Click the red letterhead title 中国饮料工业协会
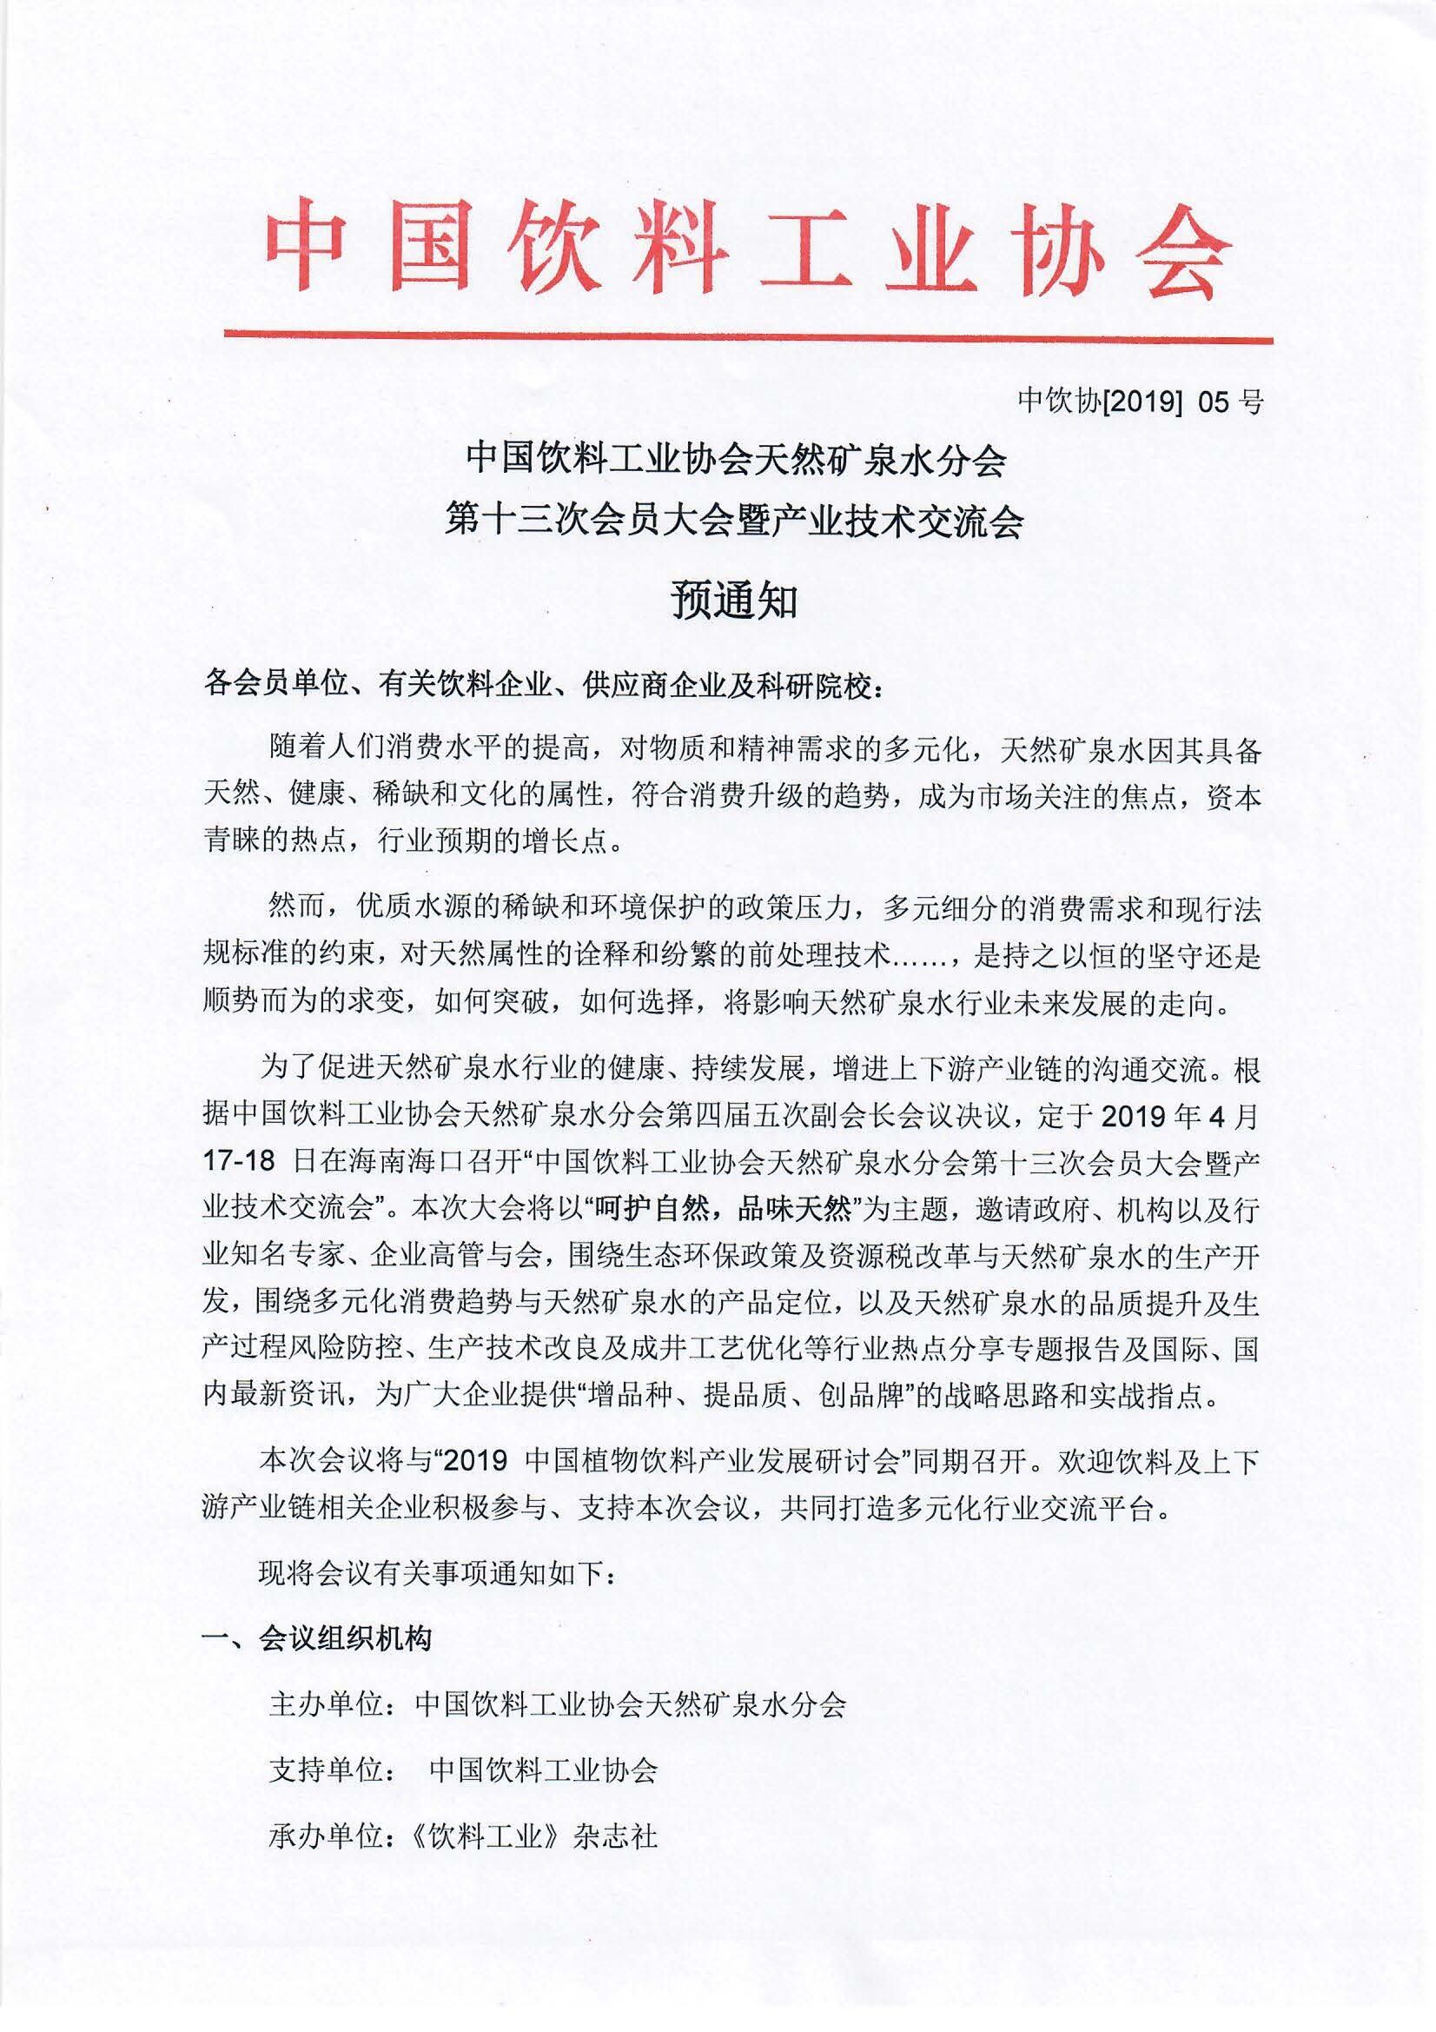coord(748,248)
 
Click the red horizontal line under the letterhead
coord(748,336)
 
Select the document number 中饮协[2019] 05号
coord(1140,402)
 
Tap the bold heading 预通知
coord(734,601)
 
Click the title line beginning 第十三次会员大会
coord(734,521)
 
